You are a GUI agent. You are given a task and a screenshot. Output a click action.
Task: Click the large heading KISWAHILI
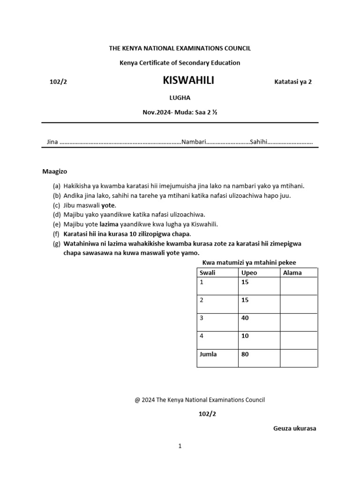point(188,81)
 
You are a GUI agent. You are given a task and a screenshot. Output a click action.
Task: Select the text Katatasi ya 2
point(292,82)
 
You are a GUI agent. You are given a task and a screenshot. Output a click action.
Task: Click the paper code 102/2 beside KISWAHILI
point(59,82)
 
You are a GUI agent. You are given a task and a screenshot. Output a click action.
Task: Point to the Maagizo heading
point(54,172)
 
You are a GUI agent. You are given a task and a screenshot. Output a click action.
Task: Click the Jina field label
point(52,142)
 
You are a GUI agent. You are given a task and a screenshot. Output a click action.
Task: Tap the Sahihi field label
point(258,142)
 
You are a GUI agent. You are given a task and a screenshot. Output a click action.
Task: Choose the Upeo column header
point(248,272)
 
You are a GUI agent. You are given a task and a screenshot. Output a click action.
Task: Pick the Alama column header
point(292,272)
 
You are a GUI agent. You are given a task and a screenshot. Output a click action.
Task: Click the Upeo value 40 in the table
point(245,318)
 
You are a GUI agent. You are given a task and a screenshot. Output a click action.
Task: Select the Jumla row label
point(208,354)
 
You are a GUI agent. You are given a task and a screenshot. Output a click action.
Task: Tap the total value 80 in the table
point(245,354)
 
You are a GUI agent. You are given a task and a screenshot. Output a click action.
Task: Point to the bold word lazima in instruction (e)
point(109,224)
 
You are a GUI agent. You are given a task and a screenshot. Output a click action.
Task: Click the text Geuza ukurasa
point(294,428)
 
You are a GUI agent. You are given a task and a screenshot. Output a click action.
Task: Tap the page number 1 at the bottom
point(180,446)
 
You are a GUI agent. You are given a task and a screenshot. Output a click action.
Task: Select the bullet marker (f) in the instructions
point(56,233)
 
